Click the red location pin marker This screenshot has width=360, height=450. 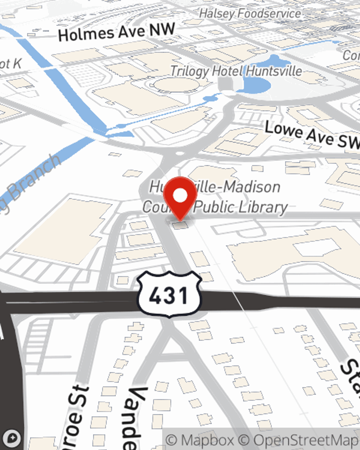click(180, 198)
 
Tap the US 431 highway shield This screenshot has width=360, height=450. click(168, 294)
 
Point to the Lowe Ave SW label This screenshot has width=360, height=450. click(312, 135)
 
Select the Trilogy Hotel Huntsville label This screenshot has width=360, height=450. click(236, 71)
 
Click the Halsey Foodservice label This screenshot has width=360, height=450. click(250, 14)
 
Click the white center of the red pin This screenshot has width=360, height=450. click(180, 196)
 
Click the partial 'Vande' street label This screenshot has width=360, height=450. click(135, 418)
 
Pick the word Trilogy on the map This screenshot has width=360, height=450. click(190, 71)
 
